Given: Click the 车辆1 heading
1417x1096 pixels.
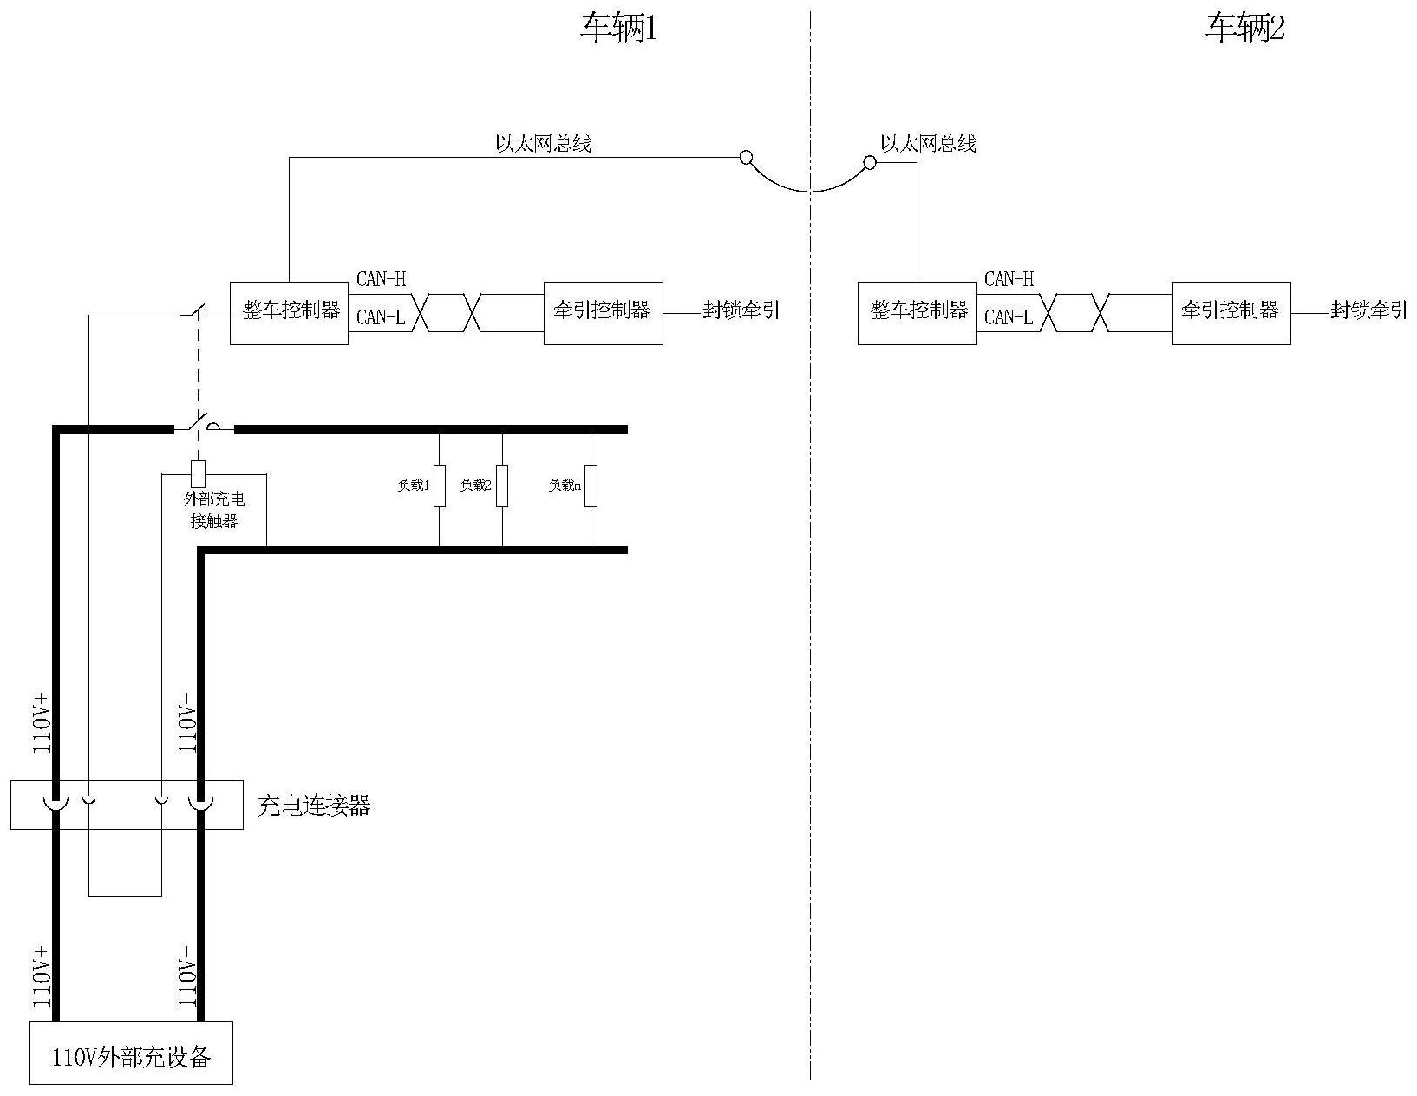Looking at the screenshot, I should (x=619, y=30).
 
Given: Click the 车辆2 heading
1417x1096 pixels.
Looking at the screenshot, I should (x=1245, y=30).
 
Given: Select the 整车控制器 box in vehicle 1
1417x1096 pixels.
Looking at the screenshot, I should (x=289, y=312).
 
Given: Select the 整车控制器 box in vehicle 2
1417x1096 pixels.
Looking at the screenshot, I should (x=917, y=312).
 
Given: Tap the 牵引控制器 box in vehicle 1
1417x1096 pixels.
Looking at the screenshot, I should (x=603, y=312).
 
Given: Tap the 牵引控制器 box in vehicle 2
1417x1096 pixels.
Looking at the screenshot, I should (x=1231, y=312).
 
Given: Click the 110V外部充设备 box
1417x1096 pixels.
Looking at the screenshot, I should (x=132, y=1053).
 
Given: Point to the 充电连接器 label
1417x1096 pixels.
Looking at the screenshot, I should (x=315, y=806).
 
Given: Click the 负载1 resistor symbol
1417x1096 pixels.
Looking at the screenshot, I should (x=440, y=486).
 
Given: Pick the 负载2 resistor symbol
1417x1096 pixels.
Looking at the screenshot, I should (x=502, y=486).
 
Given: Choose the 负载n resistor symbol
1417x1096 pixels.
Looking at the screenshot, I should (x=591, y=486).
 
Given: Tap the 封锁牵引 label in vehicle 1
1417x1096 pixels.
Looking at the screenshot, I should (x=741, y=311).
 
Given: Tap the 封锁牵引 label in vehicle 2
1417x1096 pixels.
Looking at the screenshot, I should (x=1368, y=311).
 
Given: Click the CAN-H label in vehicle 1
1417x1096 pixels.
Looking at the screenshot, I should (x=381, y=279).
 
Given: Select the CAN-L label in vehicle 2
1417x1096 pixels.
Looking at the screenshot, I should (x=1009, y=317).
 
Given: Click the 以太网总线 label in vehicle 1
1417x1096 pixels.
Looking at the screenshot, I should (x=543, y=144).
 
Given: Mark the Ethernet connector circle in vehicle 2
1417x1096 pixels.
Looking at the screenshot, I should (x=870, y=162).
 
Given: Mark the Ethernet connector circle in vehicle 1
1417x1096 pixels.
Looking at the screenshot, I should (x=745, y=157).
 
